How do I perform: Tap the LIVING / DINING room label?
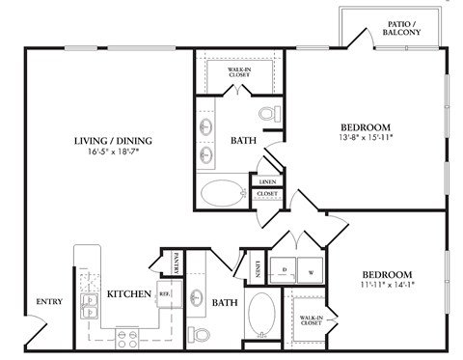click(x=114, y=141)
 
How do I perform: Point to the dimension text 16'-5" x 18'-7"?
click(x=114, y=154)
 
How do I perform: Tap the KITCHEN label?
click(x=126, y=293)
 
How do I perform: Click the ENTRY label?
click(x=49, y=301)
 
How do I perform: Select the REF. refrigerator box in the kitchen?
click(x=165, y=293)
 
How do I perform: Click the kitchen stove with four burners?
click(x=127, y=337)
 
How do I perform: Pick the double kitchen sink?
click(x=89, y=307)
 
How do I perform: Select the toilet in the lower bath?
click(x=202, y=334)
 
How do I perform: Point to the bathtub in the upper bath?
click(x=224, y=193)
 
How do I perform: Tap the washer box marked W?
click(x=310, y=271)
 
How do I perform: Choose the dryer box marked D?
click(x=285, y=271)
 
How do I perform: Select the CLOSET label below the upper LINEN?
click(x=267, y=194)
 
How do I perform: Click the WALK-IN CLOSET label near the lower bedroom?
click(x=311, y=320)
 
